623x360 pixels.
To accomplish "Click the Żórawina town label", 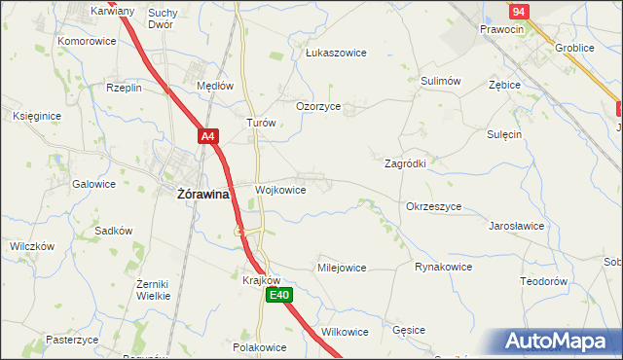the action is [202, 194].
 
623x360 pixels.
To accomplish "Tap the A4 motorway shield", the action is [208, 137].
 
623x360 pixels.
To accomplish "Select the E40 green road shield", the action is [279, 295].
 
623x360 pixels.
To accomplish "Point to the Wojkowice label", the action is [280, 190].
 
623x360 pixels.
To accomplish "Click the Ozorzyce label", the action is [318, 107].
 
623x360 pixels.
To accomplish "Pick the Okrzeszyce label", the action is [433, 207].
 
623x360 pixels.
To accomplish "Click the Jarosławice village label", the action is [516, 225].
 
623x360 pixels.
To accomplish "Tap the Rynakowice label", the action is [443, 267].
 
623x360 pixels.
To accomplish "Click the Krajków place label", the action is [261, 278].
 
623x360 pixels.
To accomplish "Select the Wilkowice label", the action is [345, 332].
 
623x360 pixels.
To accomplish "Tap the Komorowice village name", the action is [87, 42].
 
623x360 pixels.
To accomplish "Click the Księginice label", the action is [37, 116].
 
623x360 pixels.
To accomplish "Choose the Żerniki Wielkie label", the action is [154, 289].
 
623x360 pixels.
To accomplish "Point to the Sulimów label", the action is [440, 83].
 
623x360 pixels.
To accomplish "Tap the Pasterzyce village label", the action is [72, 340].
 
